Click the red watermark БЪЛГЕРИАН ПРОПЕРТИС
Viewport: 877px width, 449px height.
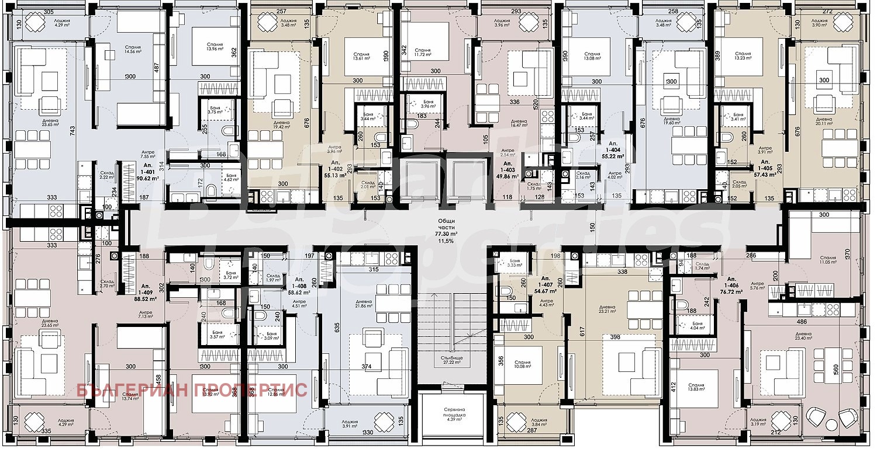(x=192, y=390)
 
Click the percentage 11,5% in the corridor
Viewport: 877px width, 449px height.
(x=446, y=240)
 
